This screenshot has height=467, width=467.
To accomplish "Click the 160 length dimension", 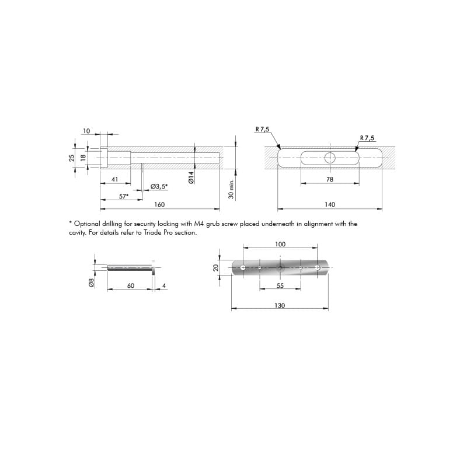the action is tap(159, 205).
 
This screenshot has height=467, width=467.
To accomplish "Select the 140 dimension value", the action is tap(330, 205).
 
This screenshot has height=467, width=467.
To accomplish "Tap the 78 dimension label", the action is tap(330, 179).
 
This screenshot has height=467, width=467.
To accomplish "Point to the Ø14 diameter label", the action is tap(191, 177).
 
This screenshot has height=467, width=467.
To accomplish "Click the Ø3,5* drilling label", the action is tap(159, 187).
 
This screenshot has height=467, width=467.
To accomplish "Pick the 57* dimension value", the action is tap(124, 196).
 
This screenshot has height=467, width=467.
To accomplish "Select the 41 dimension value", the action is tap(114, 179).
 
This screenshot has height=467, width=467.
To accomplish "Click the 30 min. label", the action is tap(231, 189).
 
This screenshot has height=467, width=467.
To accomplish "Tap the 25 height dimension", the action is tap(72, 158).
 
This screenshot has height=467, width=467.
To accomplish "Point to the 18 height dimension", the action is tap(83, 157).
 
